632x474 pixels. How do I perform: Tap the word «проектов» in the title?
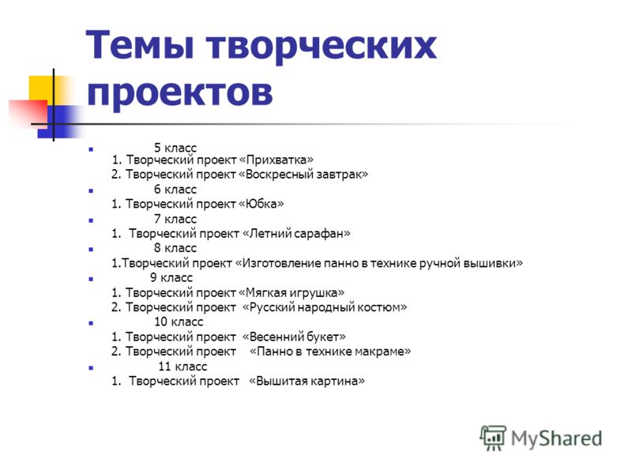tap(180, 92)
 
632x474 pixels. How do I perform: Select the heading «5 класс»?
tap(175, 148)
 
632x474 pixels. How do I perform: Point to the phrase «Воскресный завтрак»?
tap(303, 175)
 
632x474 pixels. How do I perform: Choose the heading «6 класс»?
tap(175, 189)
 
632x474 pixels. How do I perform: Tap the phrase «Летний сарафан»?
tap(297, 233)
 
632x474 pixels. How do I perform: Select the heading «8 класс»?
tap(175, 248)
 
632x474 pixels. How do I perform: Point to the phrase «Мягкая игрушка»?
tap(292, 292)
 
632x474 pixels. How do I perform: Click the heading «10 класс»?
tap(179, 322)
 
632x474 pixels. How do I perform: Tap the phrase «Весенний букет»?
tap(294, 337)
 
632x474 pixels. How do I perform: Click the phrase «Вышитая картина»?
tap(307, 381)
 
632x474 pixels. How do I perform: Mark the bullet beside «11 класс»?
tap(91, 367)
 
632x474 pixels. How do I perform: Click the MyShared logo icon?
tap(492, 438)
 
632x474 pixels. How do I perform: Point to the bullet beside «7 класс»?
tap(91, 220)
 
